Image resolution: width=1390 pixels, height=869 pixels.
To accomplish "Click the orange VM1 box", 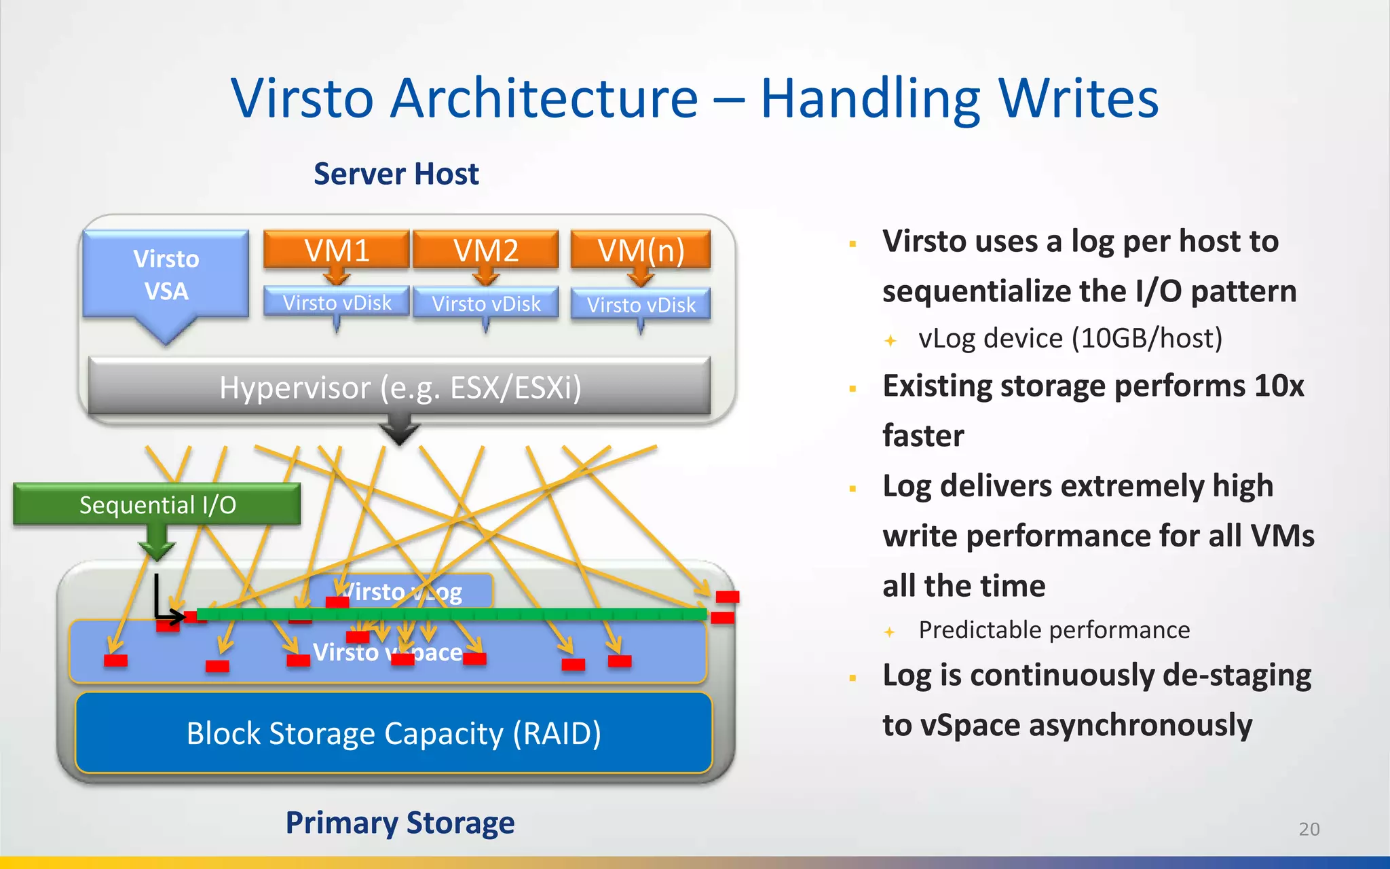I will click(x=337, y=250).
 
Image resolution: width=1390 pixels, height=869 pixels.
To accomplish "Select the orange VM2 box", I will click(x=486, y=250).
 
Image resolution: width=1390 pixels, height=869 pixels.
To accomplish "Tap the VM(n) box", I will click(x=641, y=250).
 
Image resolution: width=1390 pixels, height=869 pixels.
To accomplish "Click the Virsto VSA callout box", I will click(x=166, y=275).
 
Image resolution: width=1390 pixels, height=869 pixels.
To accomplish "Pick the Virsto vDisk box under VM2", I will click(x=486, y=303).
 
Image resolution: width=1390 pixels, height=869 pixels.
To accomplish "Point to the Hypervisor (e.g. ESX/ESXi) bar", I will click(x=400, y=388).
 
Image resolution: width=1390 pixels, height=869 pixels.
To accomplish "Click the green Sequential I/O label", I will click(x=157, y=504).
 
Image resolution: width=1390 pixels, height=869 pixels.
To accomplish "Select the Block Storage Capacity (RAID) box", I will click(x=394, y=733).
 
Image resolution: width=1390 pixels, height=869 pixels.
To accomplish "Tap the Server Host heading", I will click(x=396, y=174).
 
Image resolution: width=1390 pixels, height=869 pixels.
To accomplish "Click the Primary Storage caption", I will click(x=400, y=823).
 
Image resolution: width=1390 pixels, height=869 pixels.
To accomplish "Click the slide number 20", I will click(x=1309, y=829).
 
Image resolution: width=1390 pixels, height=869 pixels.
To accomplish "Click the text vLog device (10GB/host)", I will click(x=1070, y=338).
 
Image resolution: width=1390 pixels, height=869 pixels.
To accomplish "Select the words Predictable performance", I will click(x=1053, y=630).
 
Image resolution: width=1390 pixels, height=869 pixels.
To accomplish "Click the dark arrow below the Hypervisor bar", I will click(x=400, y=432).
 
